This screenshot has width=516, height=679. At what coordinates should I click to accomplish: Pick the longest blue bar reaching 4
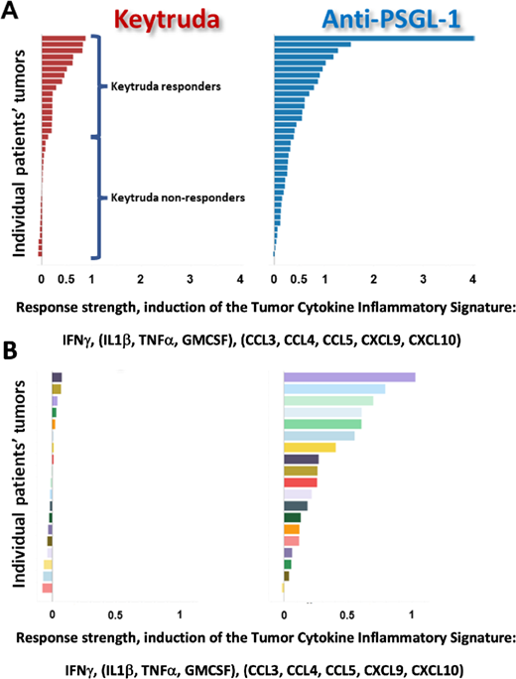click(x=374, y=39)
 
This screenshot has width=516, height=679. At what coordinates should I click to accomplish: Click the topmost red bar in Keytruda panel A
click(x=63, y=39)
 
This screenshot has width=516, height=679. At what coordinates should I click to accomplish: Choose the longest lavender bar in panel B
click(x=349, y=377)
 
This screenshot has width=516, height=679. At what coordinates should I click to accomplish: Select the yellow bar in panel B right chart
click(x=310, y=448)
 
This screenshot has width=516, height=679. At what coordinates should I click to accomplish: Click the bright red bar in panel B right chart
click(x=301, y=482)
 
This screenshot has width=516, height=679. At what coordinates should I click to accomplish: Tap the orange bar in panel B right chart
click(x=292, y=529)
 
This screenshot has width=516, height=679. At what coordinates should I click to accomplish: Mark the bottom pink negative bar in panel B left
click(x=47, y=588)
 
